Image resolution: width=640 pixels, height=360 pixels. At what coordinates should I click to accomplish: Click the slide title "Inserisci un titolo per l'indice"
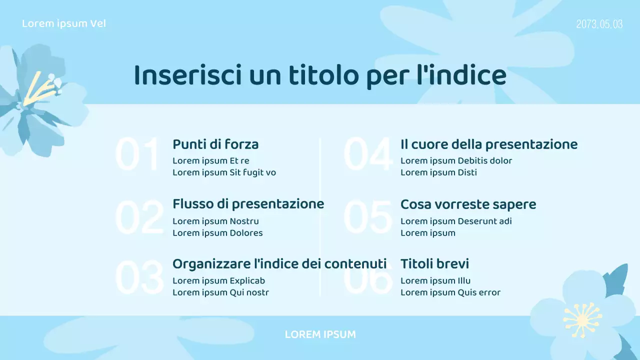pos(320,76)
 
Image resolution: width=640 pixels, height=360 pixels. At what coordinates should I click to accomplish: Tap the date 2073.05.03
pos(599,24)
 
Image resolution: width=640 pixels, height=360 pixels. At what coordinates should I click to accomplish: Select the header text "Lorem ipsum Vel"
pos(64,23)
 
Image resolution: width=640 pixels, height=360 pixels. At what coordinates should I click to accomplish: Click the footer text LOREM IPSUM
pos(320,334)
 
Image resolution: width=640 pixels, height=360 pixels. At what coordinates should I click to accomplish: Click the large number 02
pos(139,217)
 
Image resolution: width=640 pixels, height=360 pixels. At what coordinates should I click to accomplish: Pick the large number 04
pos(367,155)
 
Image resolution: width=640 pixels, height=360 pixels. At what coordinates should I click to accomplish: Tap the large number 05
pos(367,217)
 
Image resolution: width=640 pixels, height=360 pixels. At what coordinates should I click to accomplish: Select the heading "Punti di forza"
pos(215,144)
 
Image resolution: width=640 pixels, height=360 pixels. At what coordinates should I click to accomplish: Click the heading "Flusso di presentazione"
pos(248,204)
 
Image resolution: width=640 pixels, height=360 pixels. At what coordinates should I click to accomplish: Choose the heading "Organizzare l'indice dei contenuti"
pos(279,263)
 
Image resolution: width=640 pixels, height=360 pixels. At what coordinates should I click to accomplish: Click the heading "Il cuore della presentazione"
pos(488,144)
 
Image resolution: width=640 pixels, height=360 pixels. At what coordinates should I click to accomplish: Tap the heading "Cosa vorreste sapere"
pos(468,204)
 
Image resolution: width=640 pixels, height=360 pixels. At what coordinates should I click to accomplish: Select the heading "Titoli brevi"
pos(434,263)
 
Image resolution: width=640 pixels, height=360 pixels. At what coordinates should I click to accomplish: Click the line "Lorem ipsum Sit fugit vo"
pos(224,172)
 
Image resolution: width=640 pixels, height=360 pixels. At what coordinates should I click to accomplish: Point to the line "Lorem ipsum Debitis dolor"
pos(456,160)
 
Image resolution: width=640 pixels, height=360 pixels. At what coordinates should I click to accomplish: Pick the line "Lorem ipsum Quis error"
pos(450,292)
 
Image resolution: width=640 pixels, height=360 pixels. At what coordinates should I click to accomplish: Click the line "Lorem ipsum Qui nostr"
pos(220,292)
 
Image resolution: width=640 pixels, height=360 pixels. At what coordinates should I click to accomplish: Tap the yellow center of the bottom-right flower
pos(583,318)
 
